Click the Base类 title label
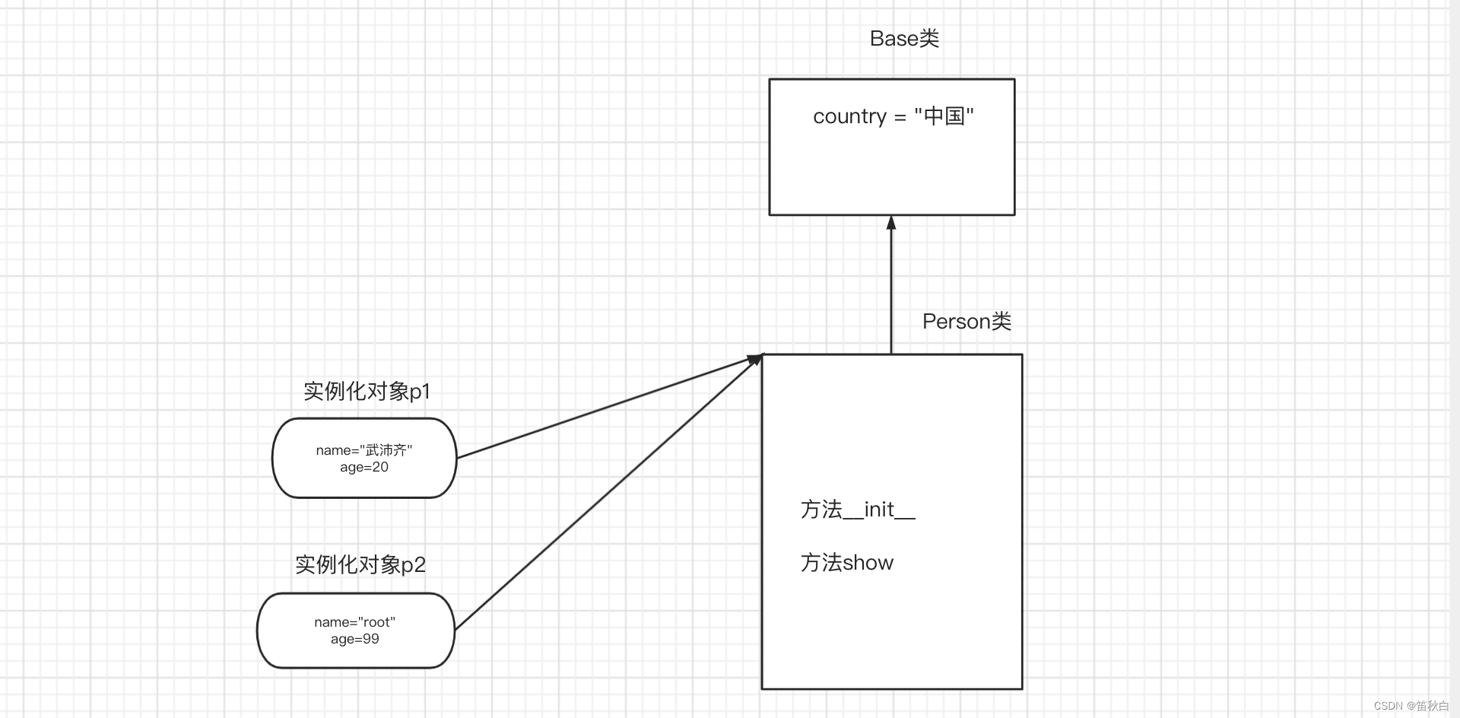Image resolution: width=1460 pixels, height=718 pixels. tap(904, 39)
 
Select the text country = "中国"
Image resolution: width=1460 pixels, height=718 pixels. tap(893, 116)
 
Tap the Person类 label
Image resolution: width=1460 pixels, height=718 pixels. tap(966, 322)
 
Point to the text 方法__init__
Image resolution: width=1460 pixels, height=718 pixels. tap(857, 510)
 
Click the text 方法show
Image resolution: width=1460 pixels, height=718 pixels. tap(846, 563)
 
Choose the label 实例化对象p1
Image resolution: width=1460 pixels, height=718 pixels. tap(367, 392)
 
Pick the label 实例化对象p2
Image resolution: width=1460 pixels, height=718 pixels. tap(360, 565)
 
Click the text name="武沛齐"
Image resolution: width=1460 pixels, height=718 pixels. tap(364, 450)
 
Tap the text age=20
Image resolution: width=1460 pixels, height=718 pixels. tap(364, 467)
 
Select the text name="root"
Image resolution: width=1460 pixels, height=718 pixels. tap(355, 622)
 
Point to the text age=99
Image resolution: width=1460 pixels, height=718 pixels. tap(355, 639)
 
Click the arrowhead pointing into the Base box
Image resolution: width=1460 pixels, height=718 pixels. tap(891, 223)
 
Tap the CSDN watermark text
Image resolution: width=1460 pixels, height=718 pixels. tap(1411, 706)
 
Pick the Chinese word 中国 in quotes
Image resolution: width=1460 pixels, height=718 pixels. tap(944, 116)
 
